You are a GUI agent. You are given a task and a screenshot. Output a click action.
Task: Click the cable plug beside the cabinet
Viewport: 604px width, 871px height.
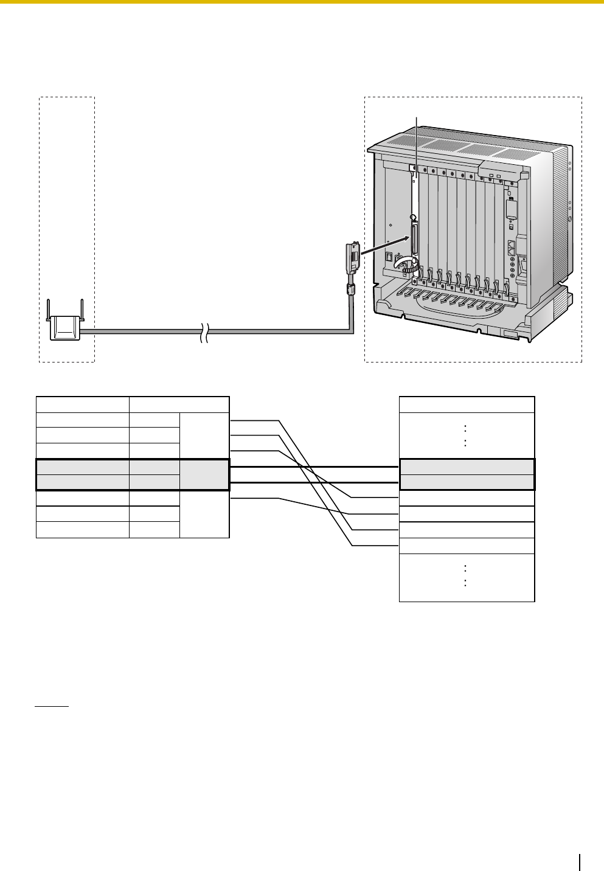tap(350, 259)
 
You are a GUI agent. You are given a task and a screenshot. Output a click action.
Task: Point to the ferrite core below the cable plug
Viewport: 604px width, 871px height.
tap(350, 290)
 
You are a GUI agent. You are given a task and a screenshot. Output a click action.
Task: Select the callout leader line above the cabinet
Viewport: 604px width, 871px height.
tap(417, 146)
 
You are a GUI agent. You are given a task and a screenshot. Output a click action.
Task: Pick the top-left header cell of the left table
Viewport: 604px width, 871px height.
tap(83, 404)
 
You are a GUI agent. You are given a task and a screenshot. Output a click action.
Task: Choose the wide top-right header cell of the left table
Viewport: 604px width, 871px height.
tap(179, 404)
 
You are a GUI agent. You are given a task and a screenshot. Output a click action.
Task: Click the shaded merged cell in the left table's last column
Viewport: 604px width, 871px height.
tap(204, 474)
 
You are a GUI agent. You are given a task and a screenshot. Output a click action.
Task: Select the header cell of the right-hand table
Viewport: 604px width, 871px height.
tap(467, 404)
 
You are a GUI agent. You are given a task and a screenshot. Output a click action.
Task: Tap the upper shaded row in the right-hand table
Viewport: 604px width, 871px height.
tap(467, 467)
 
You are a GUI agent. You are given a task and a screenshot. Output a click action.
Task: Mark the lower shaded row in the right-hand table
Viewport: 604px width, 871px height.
tap(467, 482)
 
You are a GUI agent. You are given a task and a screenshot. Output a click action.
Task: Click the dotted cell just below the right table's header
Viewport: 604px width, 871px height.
tap(467, 435)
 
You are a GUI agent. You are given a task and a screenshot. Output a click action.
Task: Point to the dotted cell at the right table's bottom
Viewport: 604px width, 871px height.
tap(467, 577)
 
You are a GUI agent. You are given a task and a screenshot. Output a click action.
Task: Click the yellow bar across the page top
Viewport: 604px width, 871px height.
tap(302, 2)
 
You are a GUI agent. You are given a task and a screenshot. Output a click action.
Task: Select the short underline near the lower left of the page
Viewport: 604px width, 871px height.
tap(52, 707)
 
